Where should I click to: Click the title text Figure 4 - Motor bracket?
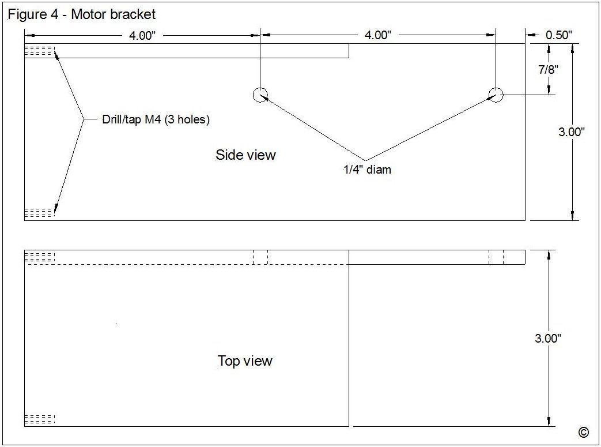coord(81,14)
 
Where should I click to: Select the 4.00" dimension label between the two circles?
coord(377,35)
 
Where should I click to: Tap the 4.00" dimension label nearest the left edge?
coord(142,35)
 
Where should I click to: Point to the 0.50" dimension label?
coord(558,35)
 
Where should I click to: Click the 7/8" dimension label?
coord(548,70)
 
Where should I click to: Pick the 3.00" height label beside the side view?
coord(572,132)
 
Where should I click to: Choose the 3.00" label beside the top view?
coord(547,339)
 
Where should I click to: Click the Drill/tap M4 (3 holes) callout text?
coord(156,120)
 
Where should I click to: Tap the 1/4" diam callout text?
coord(368,170)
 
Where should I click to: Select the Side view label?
coord(245,155)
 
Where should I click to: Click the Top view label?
coord(245,361)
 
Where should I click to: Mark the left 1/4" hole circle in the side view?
coord(260,95)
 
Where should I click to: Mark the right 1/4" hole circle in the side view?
coord(496,95)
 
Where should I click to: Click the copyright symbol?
coord(583,433)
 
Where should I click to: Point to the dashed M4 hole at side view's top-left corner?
coord(39,51)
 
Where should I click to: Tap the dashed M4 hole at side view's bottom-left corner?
coord(39,213)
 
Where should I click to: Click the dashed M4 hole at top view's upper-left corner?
coord(39,257)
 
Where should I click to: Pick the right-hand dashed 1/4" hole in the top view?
coord(496,257)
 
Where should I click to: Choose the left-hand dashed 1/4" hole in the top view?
coord(260,257)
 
